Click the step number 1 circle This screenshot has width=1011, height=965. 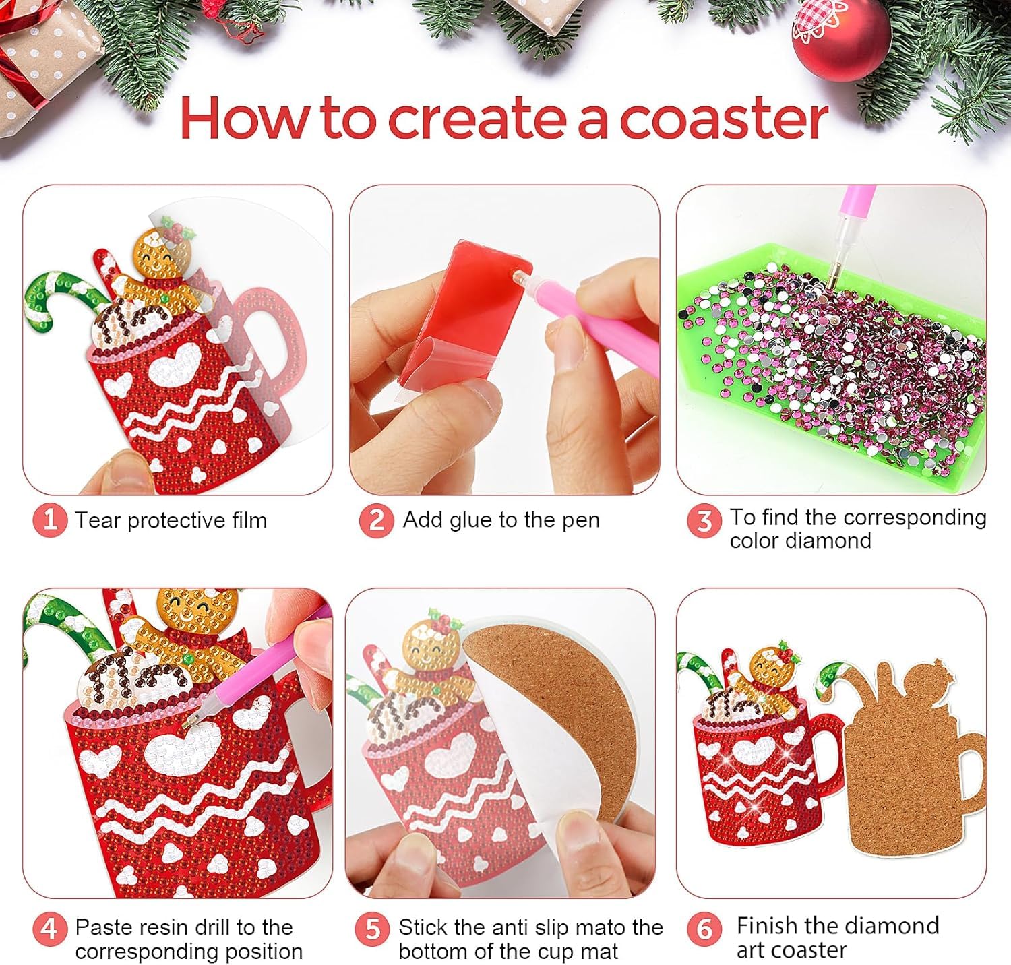pyautogui.click(x=49, y=520)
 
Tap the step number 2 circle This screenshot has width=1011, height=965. pyautogui.click(x=376, y=520)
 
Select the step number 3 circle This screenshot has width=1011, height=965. pyautogui.click(x=704, y=520)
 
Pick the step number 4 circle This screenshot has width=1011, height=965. pyautogui.click(x=49, y=929)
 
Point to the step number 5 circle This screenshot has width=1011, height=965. pyautogui.click(x=372, y=929)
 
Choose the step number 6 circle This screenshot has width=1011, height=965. pyautogui.click(x=704, y=929)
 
